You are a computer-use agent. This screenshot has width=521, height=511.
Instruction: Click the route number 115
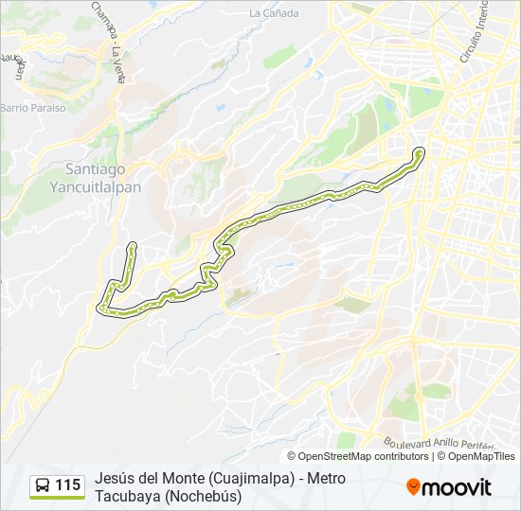point(68,485)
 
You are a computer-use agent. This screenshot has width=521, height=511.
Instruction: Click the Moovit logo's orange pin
point(413,486)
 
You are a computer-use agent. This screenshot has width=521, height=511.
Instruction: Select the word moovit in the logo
point(457,486)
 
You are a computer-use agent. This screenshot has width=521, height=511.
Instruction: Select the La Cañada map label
point(274,13)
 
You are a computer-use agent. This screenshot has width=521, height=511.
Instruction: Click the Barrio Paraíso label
point(33,108)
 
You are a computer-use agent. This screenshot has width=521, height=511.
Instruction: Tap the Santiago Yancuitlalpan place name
point(95,178)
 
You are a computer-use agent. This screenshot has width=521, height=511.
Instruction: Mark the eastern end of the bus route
point(420,151)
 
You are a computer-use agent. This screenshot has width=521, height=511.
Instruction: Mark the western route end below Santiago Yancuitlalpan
point(132,247)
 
